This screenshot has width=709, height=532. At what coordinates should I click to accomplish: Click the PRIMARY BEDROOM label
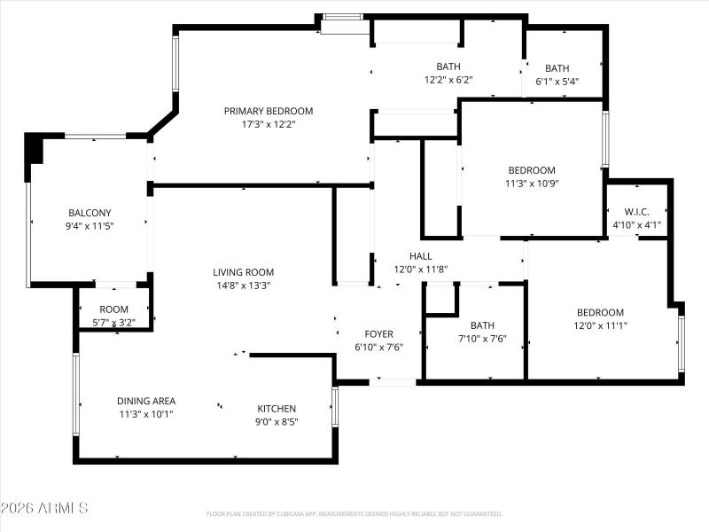tap(268, 111)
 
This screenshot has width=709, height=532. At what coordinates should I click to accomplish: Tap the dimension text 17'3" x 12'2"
tap(268, 124)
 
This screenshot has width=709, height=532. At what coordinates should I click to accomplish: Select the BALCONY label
tap(90, 213)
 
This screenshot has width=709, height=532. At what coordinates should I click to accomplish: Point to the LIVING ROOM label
tap(243, 272)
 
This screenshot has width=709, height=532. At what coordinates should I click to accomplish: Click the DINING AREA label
tap(146, 401)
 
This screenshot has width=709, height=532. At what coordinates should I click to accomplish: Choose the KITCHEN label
tap(277, 409)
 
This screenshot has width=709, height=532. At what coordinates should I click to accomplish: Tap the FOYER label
tap(378, 334)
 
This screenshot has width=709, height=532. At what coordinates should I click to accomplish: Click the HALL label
tap(408, 256)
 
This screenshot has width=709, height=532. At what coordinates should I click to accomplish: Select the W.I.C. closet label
tap(637, 212)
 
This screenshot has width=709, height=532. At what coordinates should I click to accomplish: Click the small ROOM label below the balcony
tap(114, 309)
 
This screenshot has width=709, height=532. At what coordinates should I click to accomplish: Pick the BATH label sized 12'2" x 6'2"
tap(448, 66)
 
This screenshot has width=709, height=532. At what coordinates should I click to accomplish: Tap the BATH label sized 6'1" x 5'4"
tap(557, 68)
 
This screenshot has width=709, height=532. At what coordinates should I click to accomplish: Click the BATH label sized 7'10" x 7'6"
tap(482, 325)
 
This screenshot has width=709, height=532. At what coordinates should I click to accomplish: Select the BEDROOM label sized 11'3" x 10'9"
tap(531, 170)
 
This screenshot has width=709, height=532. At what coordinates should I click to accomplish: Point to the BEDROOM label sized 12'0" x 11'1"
tap(600, 312)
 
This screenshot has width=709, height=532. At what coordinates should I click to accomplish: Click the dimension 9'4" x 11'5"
tap(90, 226)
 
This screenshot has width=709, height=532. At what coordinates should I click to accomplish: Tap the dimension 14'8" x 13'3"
tap(243, 286)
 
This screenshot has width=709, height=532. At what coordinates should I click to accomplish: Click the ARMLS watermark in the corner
tap(44, 508)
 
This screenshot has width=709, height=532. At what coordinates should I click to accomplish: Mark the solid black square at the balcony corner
tap(34, 148)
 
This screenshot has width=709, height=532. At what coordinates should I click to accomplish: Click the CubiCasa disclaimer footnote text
tap(354, 513)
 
